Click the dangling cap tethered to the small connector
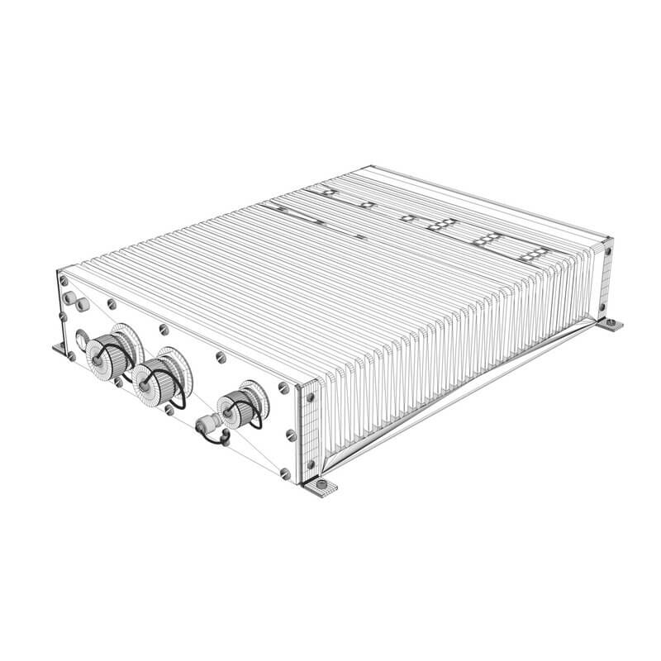(x=216, y=440)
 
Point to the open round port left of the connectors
(x=83, y=340)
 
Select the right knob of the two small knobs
(x=83, y=304)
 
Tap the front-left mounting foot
(x=59, y=348)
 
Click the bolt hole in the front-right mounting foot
(x=321, y=487)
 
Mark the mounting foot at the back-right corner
(x=611, y=325)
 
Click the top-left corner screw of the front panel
(x=63, y=282)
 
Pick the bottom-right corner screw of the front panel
(x=285, y=473)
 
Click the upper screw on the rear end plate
(x=607, y=247)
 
